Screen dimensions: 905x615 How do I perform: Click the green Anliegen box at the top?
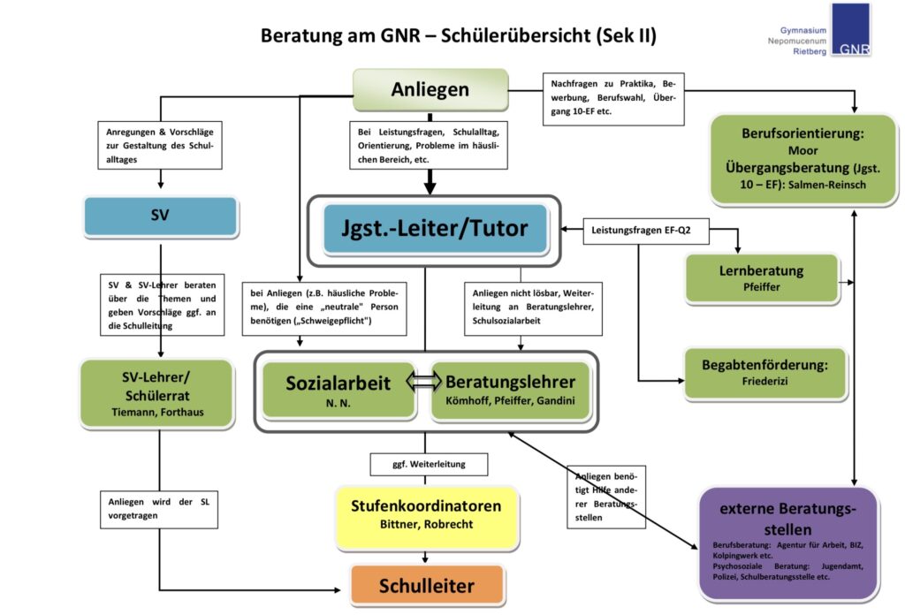click(430, 89)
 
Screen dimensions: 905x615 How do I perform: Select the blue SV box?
click(161, 216)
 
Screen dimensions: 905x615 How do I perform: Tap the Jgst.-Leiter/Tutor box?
click(435, 229)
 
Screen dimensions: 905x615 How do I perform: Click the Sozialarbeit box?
click(338, 390)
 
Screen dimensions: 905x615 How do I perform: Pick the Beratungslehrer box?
click(510, 390)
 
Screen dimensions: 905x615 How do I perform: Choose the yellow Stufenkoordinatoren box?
click(427, 516)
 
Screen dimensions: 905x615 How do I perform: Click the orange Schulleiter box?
click(427, 586)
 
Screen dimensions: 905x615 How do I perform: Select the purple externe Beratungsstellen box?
click(787, 543)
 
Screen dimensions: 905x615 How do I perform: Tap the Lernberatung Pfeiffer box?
click(761, 278)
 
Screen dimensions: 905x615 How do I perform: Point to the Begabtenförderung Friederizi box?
click(764, 373)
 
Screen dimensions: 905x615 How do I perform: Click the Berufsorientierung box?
click(802, 159)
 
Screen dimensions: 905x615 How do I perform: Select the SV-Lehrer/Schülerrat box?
click(157, 393)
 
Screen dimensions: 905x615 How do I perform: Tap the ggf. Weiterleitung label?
click(429, 464)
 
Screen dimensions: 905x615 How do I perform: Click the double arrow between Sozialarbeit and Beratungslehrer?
click(423, 382)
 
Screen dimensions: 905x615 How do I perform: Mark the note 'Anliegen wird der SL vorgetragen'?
click(159, 510)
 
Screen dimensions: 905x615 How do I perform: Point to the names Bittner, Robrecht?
click(427, 524)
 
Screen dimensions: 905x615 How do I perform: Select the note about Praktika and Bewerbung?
click(613, 99)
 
